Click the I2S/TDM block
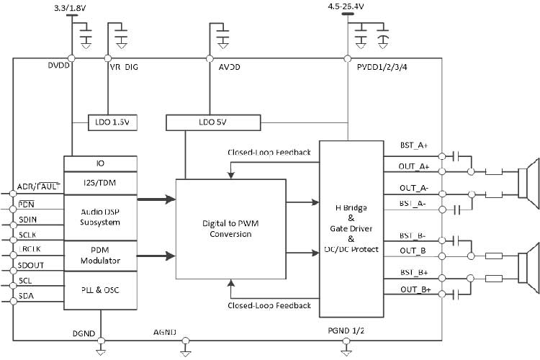100,183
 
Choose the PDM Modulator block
100,255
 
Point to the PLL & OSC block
100,289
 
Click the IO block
100,164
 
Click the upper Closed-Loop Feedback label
269,153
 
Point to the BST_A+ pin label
414,146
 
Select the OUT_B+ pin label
414,289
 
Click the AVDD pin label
229,67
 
